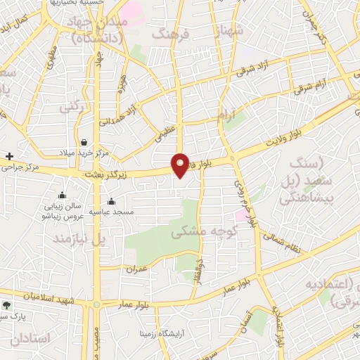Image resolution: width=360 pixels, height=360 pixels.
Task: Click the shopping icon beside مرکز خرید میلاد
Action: (84, 141)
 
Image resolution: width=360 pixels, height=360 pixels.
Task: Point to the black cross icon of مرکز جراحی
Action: (9, 155)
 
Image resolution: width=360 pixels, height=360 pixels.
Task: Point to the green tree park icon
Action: (7, 305)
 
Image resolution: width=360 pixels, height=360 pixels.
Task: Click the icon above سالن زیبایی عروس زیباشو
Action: (63, 195)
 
